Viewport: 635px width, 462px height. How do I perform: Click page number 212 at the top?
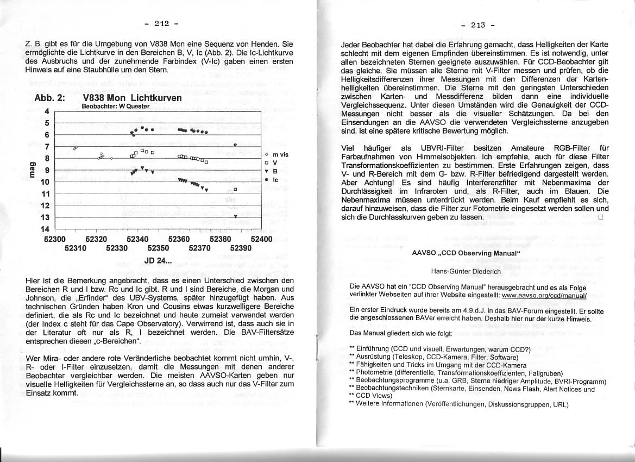tap(161, 23)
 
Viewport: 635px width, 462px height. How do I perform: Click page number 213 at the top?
tap(477, 24)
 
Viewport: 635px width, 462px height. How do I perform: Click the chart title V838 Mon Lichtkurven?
tap(132, 98)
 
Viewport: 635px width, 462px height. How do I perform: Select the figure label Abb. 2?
tap(49, 98)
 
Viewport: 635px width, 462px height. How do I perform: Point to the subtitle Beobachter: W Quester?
tap(115, 107)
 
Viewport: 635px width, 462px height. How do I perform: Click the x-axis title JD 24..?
tap(158, 260)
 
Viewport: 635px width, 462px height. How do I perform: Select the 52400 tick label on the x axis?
tap(261, 239)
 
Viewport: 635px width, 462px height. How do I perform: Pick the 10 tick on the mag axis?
tap(46, 182)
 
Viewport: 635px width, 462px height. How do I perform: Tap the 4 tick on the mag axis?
tap(47, 111)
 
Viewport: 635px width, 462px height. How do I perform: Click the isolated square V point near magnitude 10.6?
tap(235, 189)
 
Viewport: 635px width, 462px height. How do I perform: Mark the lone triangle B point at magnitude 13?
tap(235, 216)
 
